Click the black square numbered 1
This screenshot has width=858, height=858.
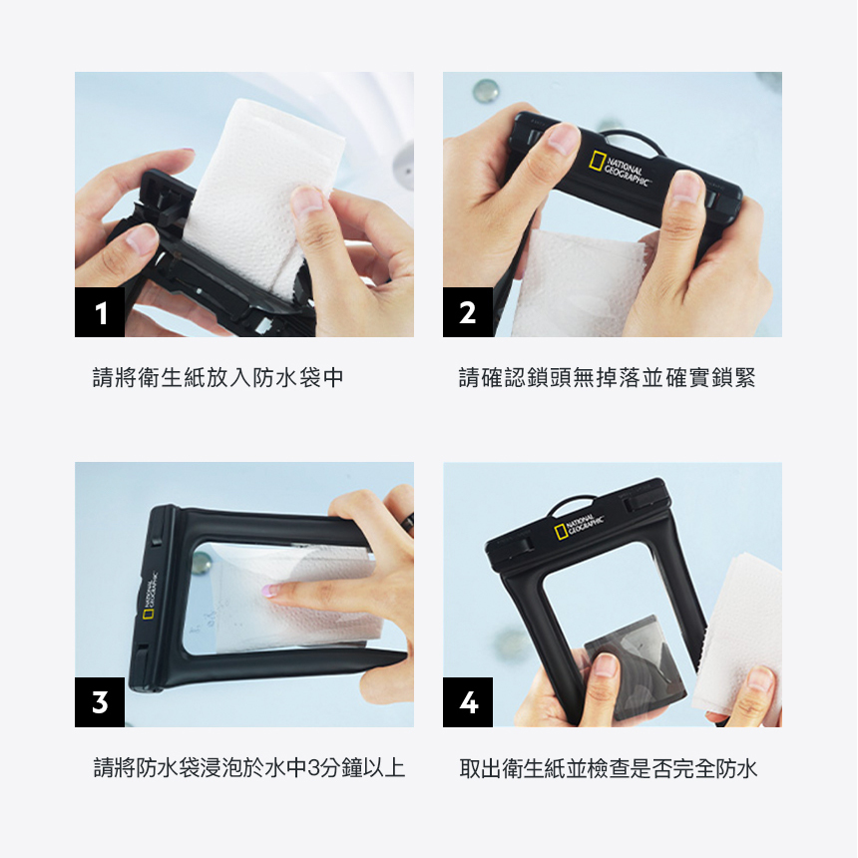100,312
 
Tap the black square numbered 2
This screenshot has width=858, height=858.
467,312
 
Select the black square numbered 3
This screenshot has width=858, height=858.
100,702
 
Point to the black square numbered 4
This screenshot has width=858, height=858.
467,702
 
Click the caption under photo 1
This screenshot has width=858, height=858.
217,377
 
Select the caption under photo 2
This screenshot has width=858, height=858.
607,377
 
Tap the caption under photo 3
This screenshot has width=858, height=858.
249,768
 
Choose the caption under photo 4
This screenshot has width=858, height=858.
608,768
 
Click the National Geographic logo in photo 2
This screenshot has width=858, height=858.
620,168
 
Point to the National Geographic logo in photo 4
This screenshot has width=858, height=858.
579,527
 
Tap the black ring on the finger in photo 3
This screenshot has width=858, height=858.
408,522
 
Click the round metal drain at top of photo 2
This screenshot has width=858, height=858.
485,90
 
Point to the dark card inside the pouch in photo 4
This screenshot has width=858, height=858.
635,667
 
